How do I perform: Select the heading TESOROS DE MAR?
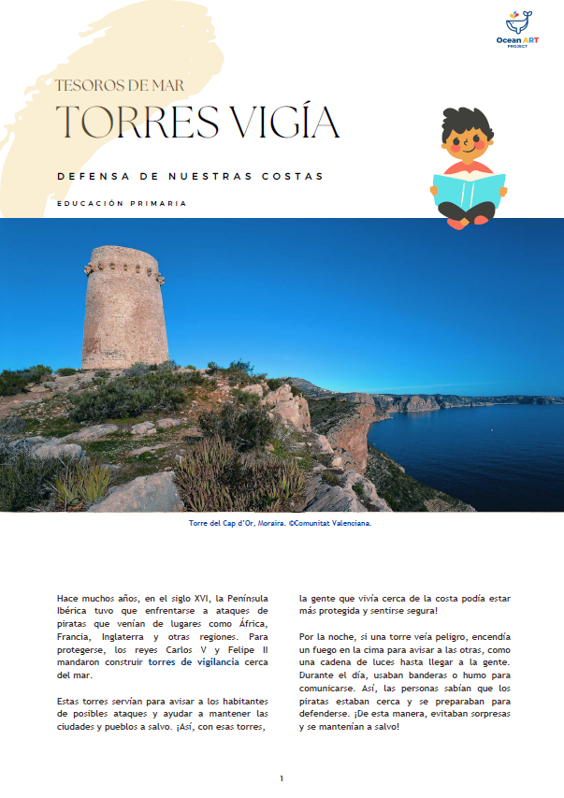(x=119, y=85)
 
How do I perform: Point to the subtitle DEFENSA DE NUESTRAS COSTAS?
(x=190, y=176)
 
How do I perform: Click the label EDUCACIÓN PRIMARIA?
(x=122, y=203)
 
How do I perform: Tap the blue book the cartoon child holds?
(x=469, y=192)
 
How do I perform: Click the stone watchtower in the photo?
(x=124, y=313)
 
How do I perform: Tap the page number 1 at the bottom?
(x=282, y=778)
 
